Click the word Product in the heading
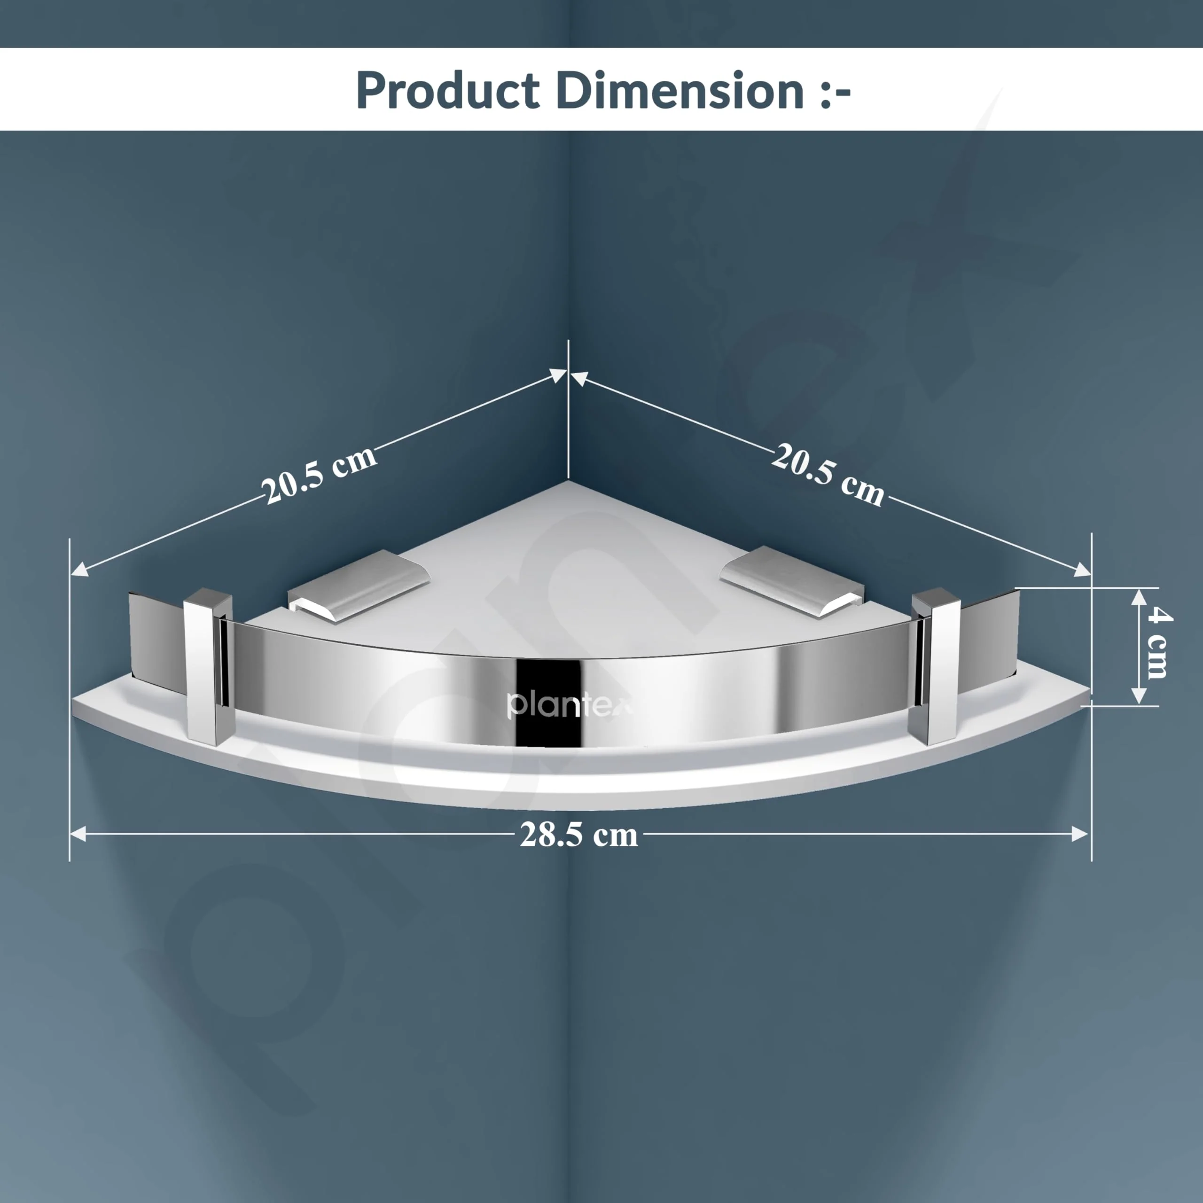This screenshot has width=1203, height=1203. pyautogui.click(x=447, y=91)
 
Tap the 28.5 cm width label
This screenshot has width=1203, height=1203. pyautogui.click(x=578, y=835)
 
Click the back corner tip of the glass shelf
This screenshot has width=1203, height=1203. pyautogui.click(x=568, y=483)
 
